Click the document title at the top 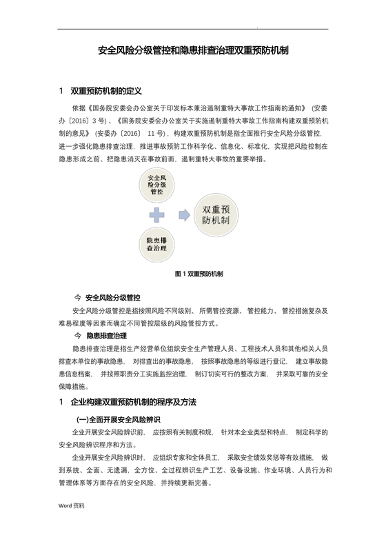[193, 50]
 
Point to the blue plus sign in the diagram [159, 214]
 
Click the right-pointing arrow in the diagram [184, 214]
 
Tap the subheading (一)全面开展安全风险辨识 [118, 419]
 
